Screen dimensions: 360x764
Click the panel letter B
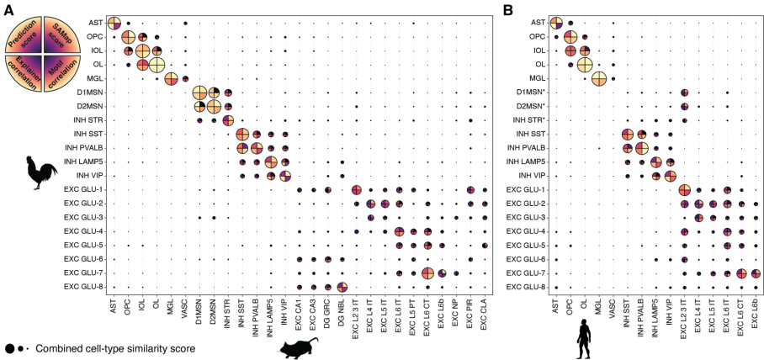point(507,9)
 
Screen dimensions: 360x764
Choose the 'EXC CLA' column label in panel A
point(485,311)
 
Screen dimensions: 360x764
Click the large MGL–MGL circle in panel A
point(172,79)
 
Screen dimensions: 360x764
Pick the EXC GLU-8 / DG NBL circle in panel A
point(342,288)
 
